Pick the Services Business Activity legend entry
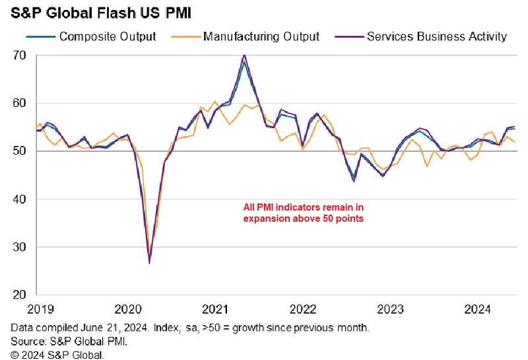tap(436, 36)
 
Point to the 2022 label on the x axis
tap(303, 309)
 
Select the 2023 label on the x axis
tap(391, 309)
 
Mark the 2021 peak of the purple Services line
tap(244, 55)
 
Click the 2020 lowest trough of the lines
tap(150, 263)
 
